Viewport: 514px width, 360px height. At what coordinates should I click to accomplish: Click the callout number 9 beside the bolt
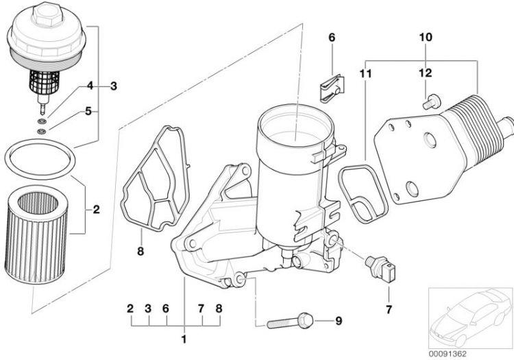(336, 320)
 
